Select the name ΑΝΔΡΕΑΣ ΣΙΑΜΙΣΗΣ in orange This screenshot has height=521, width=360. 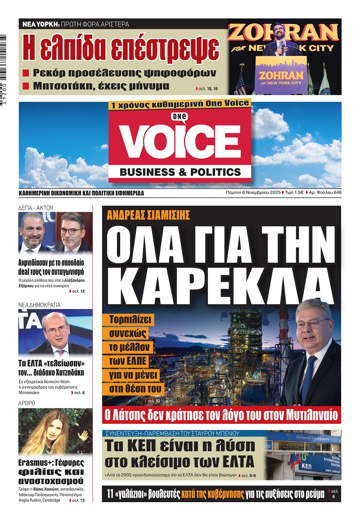148,215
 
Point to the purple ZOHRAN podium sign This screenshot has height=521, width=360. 281,72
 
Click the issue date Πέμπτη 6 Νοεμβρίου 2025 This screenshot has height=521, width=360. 252,193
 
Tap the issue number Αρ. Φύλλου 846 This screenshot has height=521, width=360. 323,193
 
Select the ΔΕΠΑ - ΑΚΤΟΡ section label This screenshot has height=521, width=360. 36,207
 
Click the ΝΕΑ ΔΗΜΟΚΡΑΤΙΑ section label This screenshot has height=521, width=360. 39,305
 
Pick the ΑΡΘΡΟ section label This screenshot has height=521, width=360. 27,403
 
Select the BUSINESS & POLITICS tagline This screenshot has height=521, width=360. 180,172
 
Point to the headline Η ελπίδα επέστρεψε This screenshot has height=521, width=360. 121,48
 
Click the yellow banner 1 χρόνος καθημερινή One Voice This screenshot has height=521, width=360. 179,103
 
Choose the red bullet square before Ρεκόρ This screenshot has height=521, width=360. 26,73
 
